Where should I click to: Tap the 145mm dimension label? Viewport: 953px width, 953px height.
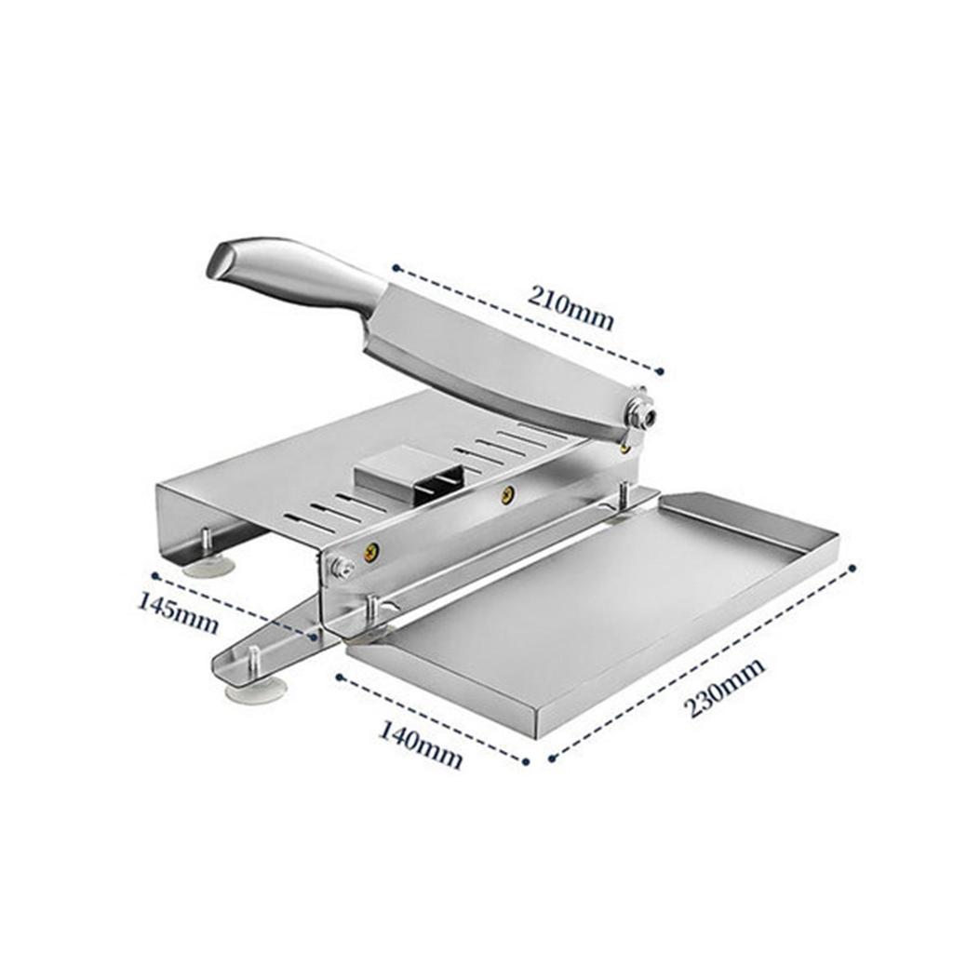click(x=177, y=612)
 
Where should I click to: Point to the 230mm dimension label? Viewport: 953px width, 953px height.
click(x=724, y=688)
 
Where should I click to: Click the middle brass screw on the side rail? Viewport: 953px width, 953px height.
click(x=506, y=495)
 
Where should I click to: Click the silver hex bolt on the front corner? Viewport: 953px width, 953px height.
click(x=341, y=569)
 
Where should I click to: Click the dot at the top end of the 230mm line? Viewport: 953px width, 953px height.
click(x=852, y=569)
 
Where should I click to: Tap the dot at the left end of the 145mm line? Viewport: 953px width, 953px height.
click(x=155, y=575)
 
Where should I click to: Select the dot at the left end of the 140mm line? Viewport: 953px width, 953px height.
click(x=339, y=677)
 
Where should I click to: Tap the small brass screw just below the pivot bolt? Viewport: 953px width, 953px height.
click(x=624, y=449)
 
